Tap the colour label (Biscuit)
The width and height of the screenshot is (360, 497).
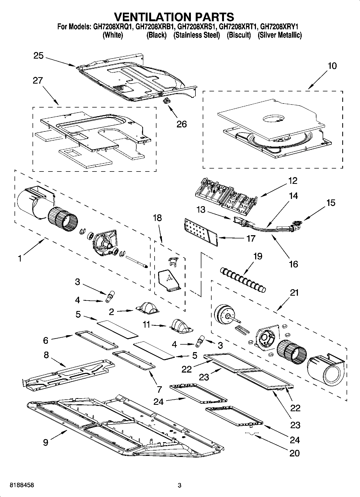[x=239, y=35]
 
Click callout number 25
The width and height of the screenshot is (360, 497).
[x=38, y=56]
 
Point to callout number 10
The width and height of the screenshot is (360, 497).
[x=332, y=66]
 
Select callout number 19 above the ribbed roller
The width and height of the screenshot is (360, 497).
[x=258, y=256]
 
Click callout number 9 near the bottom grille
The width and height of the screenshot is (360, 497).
[x=46, y=442]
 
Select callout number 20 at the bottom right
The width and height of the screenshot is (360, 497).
[x=294, y=453]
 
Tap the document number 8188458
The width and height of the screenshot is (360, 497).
[x=22, y=485]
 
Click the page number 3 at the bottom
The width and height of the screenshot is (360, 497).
[x=180, y=485]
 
